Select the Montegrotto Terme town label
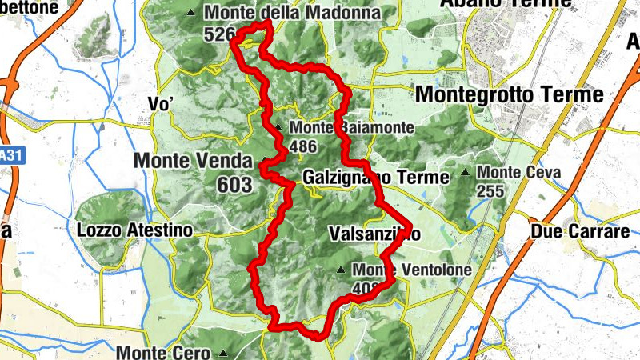click(x=510, y=94)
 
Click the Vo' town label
click(x=161, y=103)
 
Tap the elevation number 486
click(x=305, y=146)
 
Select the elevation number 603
click(x=234, y=186)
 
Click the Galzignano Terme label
click(x=376, y=177)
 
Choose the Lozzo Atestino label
click(x=135, y=230)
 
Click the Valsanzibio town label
click(x=374, y=234)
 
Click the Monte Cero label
click(x=163, y=352)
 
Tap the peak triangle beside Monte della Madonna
click(x=190, y=14)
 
